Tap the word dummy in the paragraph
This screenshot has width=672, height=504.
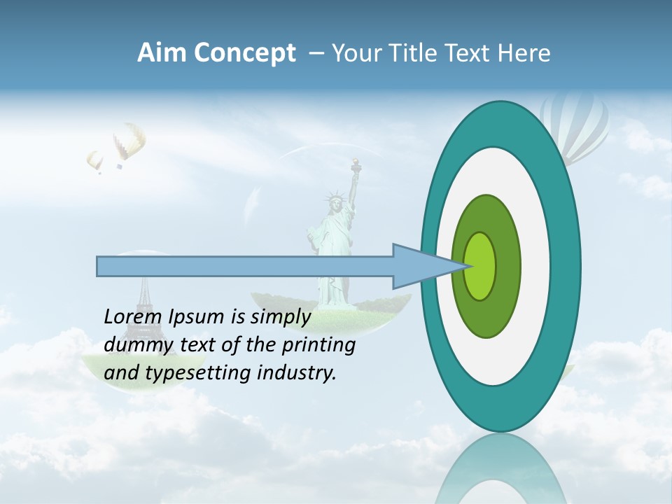(134, 345)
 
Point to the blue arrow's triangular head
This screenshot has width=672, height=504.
(416, 266)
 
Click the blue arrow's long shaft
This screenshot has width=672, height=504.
(245, 267)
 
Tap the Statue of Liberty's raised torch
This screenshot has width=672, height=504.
(356, 165)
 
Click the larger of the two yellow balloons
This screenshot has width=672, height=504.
(129, 141)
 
